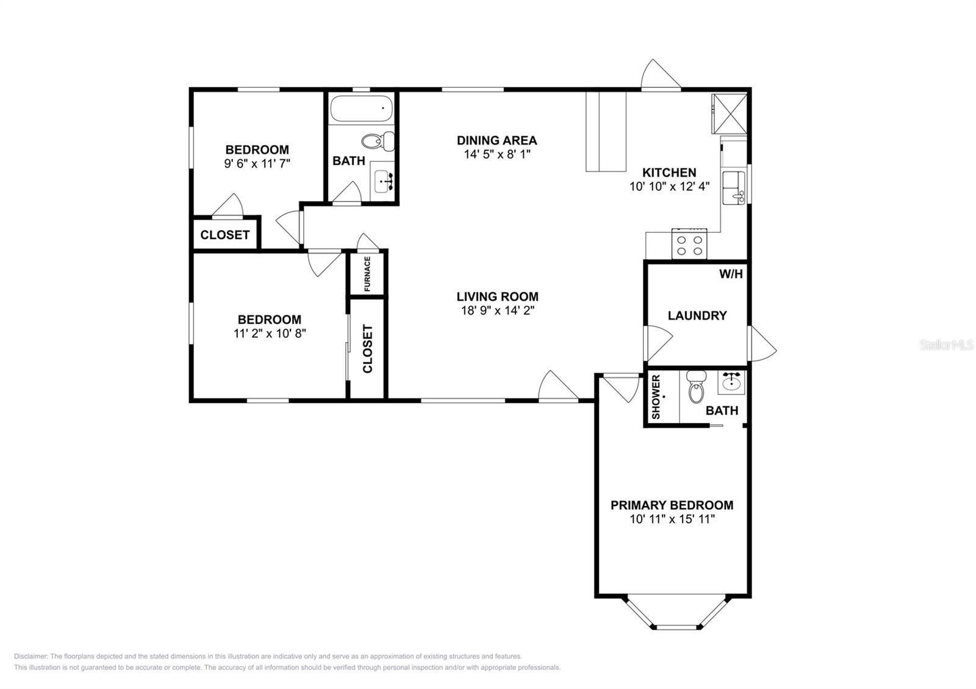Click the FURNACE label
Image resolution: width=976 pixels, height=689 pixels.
click(x=367, y=274)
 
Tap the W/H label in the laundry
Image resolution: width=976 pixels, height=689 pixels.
click(x=731, y=274)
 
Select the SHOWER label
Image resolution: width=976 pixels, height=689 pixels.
click(x=656, y=397)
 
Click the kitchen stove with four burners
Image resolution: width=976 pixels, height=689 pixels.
click(x=689, y=245)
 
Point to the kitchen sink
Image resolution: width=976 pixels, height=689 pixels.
click(x=734, y=188)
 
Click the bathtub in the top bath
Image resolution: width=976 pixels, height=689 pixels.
click(x=361, y=109)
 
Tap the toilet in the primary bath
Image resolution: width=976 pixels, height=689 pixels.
click(x=696, y=387)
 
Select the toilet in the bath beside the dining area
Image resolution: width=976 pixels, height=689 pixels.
click(x=378, y=141)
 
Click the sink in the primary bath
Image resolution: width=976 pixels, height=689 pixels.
click(x=731, y=382)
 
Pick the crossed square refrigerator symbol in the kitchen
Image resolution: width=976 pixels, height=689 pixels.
click(x=730, y=113)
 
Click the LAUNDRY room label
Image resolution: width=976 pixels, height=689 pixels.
click(x=697, y=315)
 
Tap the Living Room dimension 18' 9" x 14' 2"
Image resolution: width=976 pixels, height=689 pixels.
click(x=498, y=310)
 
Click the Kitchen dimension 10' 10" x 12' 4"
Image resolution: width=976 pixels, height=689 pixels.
click(x=669, y=187)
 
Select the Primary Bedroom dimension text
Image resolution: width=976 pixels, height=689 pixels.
click(x=672, y=519)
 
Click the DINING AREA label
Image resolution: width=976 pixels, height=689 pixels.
click(x=497, y=140)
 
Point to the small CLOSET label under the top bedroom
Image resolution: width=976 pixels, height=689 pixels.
click(x=225, y=235)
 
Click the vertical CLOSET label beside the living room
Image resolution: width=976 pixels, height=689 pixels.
click(x=368, y=348)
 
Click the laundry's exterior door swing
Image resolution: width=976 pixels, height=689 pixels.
click(x=762, y=344)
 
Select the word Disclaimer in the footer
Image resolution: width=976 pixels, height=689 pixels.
click(x=31, y=656)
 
